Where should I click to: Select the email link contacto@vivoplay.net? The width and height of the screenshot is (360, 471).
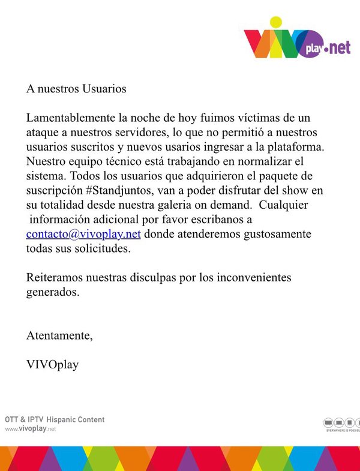[83, 234]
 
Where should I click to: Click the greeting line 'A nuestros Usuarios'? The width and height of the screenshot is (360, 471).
[76, 88]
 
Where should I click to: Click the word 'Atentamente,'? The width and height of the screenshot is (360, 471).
[59, 335]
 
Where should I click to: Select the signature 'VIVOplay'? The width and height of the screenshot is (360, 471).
[52, 364]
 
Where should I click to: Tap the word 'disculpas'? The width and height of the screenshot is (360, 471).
[182, 278]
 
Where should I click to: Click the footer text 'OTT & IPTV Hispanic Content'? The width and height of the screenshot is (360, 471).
[55, 419]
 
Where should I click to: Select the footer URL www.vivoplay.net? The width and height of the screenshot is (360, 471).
[31, 430]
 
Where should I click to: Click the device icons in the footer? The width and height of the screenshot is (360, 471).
[342, 422]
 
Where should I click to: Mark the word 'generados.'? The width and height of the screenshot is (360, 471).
[53, 293]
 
